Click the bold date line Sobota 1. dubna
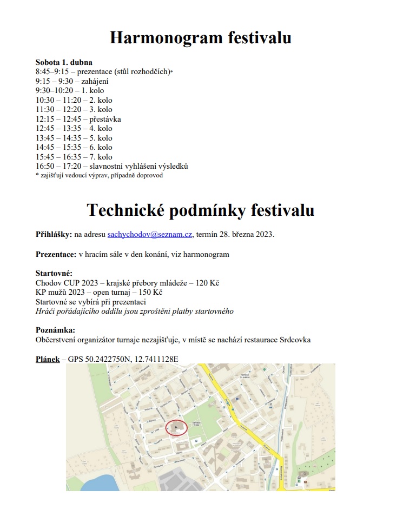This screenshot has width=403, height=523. tap(64, 62)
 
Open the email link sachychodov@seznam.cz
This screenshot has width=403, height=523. tap(150, 235)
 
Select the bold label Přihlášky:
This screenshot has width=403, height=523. tap(54, 235)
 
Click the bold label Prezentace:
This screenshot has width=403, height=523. tap(56, 254)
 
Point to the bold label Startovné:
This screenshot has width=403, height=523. tap(54, 274)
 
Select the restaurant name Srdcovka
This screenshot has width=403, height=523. tap(294, 340)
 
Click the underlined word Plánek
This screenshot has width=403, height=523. tap(48, 359)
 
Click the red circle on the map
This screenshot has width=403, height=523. tap(176, 427)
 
